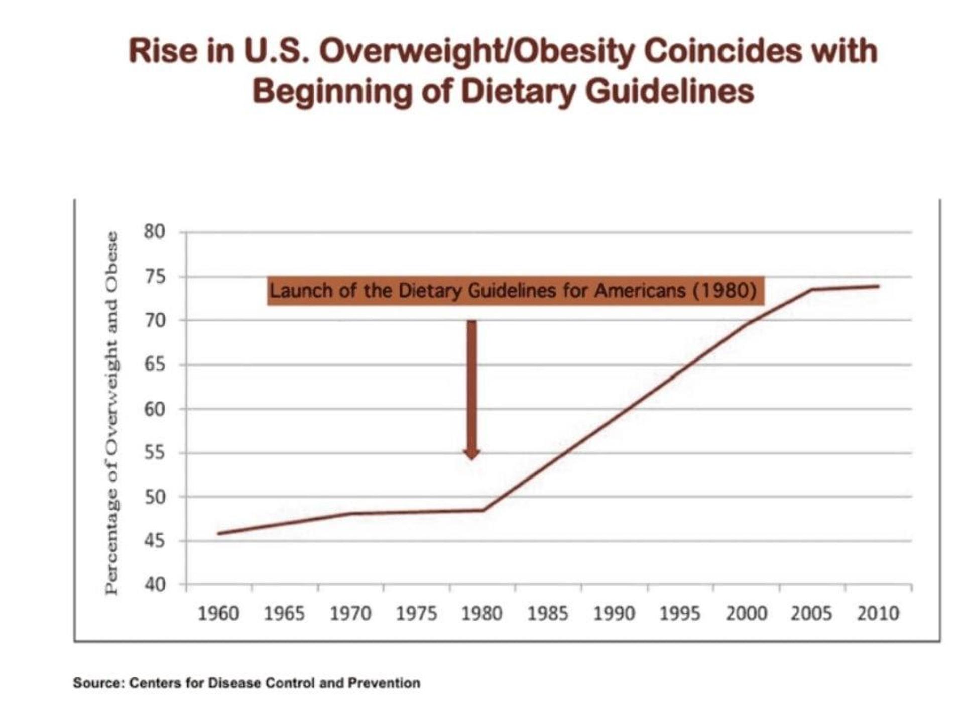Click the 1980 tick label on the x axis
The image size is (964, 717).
[x=482, y=613]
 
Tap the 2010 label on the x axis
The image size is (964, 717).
[x=878, y=613]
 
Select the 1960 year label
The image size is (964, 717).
[x=218, y=613]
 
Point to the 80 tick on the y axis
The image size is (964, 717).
[x=154, y=232]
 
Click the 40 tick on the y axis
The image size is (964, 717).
[x=154, y=584]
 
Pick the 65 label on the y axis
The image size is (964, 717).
[x=154, y=364]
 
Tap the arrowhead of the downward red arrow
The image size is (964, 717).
[x=472, y=454]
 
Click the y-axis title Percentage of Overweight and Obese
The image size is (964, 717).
[x=112, y=413]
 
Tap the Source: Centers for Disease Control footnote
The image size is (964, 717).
[x=247, y=683]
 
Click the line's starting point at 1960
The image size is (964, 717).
[x=218, y=533]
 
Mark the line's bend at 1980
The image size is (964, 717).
[x=483, y=510]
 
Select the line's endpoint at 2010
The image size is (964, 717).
[x=879, y=286]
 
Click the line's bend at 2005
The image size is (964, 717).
[x=812, y=289]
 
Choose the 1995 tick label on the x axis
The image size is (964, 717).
[x=680, y=613]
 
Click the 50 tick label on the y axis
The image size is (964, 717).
[x=154, y=497]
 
